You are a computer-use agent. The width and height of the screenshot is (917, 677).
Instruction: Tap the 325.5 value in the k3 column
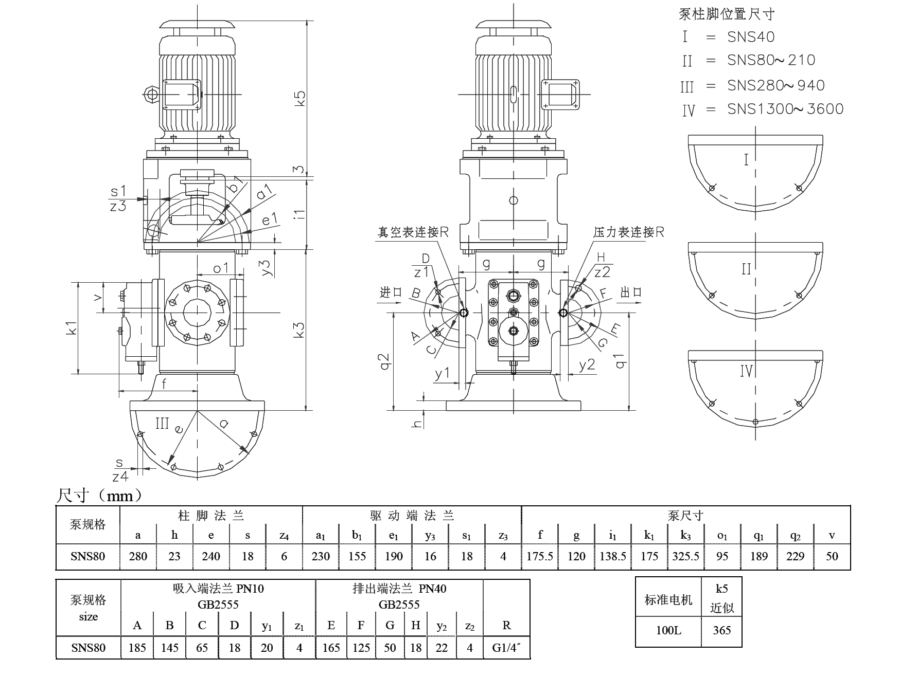[685, 556]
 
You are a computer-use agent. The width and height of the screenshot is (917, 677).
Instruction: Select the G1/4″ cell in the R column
[506, 648]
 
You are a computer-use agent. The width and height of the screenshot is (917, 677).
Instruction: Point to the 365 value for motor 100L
[721, 631]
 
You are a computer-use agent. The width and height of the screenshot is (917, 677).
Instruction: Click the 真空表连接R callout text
[413, 232]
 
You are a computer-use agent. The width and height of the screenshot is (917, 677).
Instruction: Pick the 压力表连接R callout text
[628, 232]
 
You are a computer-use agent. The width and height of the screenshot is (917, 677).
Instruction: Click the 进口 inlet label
[391, 292]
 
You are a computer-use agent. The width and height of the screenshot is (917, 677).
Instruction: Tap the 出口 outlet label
[631, 292]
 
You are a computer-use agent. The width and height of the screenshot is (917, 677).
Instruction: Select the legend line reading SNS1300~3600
[785, 109]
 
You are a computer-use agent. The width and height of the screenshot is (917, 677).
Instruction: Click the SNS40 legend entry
[751, 37]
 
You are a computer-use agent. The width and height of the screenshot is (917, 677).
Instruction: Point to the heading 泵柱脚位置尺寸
[727, 14]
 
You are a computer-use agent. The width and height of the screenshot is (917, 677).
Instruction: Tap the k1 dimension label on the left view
[72, 327]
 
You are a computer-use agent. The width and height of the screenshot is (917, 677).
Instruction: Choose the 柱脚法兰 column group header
[211, 515]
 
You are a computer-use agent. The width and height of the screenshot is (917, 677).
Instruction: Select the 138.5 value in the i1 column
[612, 556]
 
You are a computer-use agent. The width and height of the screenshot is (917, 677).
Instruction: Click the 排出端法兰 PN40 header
[399, 589]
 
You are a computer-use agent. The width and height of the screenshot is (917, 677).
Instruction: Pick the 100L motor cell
[668, 631]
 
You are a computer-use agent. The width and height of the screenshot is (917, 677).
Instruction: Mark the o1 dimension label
[221, 268]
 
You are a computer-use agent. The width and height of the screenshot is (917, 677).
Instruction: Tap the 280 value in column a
[138, 556]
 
